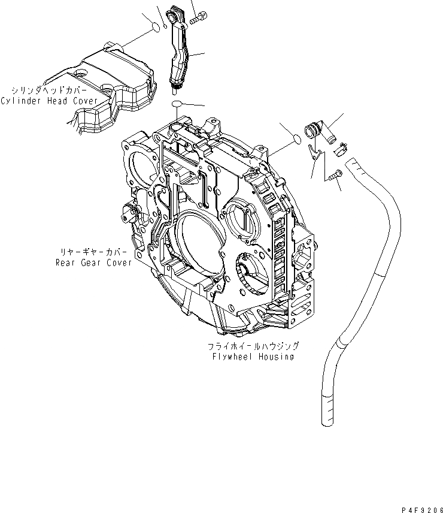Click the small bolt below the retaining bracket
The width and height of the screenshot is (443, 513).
pyautogui.click(x=334, y=176)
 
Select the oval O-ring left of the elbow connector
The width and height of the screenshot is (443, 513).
pyautogui.click(x=293, y=140)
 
